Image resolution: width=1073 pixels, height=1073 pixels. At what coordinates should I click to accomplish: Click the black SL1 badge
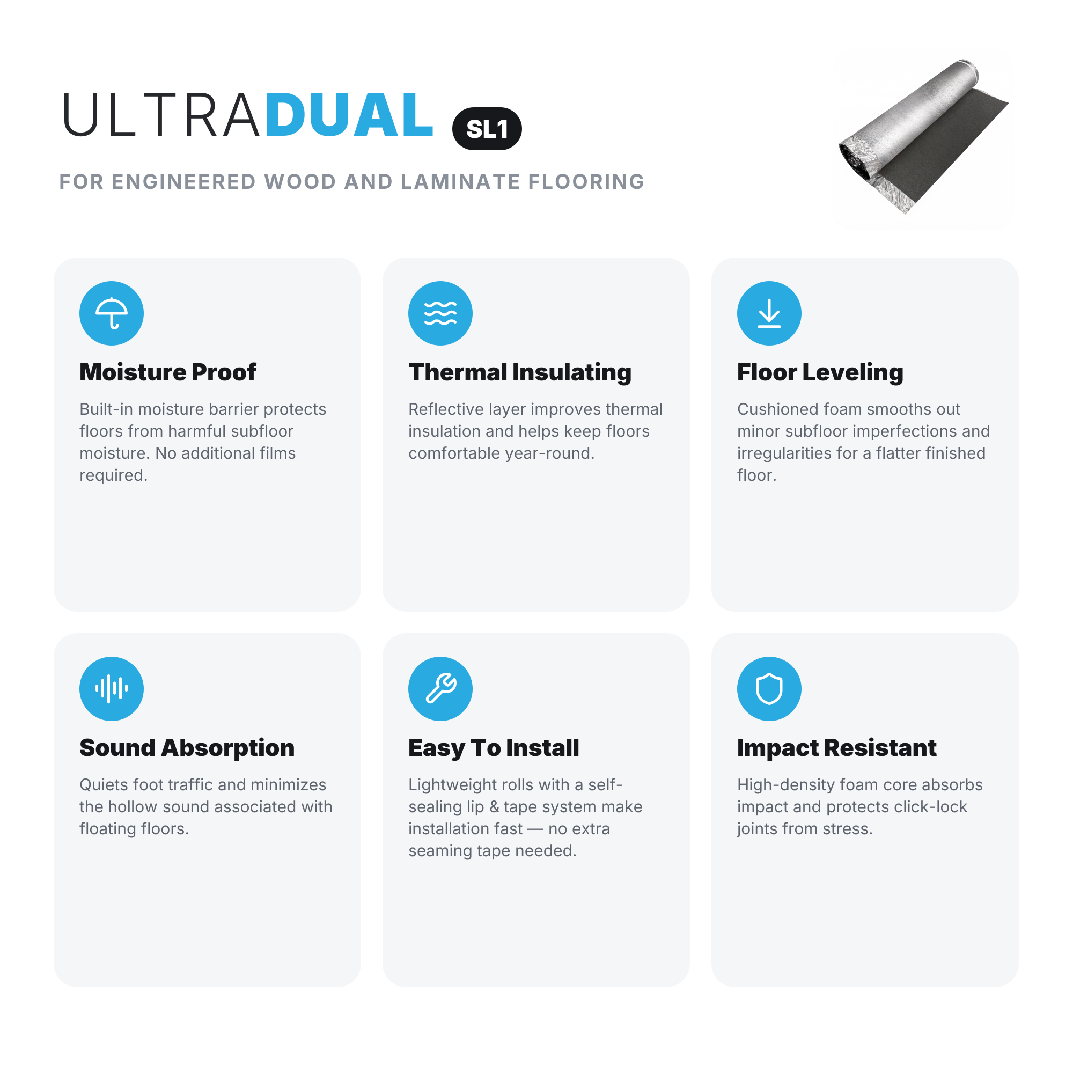[x=487, y=129]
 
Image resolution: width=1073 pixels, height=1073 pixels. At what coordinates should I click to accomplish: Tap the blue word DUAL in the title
[x=349, y=115]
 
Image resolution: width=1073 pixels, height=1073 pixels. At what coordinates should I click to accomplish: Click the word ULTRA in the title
[x=161, y=115]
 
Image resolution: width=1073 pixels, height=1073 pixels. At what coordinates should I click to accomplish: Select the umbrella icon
[x=112, y=313]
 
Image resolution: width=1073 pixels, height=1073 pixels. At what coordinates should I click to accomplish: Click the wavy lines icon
[x=440, y=313]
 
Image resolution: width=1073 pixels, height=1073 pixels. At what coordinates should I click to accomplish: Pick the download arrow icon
[x=769, y=313]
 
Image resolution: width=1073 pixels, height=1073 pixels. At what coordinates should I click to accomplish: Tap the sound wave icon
[x=112, y=689]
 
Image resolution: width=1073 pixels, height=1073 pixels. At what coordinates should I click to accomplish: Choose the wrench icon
[x=440, y=689]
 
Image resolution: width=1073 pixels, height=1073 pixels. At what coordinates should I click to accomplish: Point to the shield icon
[x=769, y=689]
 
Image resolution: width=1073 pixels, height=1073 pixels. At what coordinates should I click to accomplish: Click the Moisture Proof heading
[x=168, y=372]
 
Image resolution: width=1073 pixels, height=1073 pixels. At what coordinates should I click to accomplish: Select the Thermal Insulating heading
[x=520, y=373]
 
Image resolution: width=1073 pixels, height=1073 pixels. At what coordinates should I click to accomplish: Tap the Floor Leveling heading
[x=820, y=373]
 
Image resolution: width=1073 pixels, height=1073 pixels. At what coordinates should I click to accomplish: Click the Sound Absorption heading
[x=187, y=748]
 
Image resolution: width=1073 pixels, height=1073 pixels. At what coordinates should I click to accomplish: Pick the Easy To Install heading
[x=494, y=748]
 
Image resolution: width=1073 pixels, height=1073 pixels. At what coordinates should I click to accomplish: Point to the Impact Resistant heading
[x=836, y=748]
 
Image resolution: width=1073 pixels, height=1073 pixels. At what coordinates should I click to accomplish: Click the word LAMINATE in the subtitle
[x=460, y=182]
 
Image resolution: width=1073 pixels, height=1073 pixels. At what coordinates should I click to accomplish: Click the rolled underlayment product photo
[x=923, y=136]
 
